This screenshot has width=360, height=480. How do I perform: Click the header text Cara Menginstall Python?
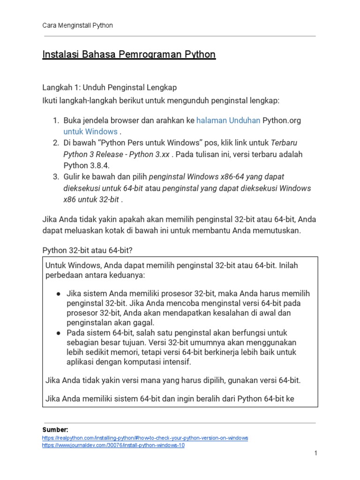click(77, 25)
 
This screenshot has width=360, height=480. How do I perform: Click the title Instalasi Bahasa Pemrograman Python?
click(129, 54)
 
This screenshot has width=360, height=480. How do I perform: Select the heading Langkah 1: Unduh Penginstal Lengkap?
click(110, 88)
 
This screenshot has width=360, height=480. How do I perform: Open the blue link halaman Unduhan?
click(228, 120)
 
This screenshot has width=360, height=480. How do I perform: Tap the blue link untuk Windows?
click(90, 131)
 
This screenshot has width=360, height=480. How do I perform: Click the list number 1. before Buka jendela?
click(55, 120)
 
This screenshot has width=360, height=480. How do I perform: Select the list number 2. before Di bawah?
click(55, 142)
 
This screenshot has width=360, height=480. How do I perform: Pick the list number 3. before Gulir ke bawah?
click(55, 176)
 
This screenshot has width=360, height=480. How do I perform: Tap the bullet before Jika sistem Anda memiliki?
click(59, 293)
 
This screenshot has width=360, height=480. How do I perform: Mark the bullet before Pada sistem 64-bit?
click(59, 333)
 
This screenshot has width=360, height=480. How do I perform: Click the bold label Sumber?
click(55, 429)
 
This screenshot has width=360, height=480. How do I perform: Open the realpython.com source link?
click(145, 438)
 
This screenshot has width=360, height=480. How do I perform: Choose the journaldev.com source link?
click(113, 445)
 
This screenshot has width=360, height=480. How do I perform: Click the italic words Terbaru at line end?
click(285, 142)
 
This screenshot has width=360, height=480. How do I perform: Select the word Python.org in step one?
click(281, 120)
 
